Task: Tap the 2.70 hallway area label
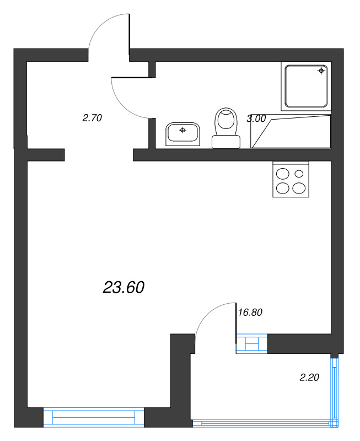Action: coord(92,117)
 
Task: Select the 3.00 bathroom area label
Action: coord(256,118)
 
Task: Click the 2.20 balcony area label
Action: coord(310,378)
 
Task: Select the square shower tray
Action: coord(306,86)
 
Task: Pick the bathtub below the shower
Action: coord(291,132)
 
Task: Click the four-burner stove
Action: coord(291,179)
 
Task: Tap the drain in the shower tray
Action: coord(321,71)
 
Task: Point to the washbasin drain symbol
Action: coord(183,130)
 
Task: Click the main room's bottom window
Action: coord(93,417)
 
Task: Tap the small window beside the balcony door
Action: coord(252,343)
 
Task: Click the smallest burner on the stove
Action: coord(299,173)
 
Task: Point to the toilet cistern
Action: coord(226,142)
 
